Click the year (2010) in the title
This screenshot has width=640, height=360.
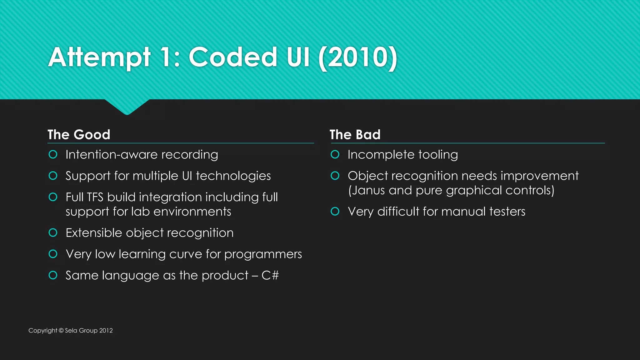pyautogui.click(x=358, y=57)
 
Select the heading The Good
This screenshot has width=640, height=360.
pyautogui.click(x=79, y=135)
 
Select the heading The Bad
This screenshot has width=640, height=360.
pyautogui.click(x=355, y=135)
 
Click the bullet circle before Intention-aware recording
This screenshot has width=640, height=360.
pyautogui.click(x=53, y=154)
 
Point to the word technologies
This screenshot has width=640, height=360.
pyautogui.click(x=233, y=176)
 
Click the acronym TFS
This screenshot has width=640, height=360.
pyautogui.click(x=95, y=197)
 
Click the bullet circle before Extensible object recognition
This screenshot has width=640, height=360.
pyautogui.click(x=53, y=233)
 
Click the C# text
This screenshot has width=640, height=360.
pyautogui.click(x=270, y=275)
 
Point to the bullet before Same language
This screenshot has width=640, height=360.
pyautogui.click(x=53, y=275)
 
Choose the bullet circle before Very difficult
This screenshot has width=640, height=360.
pyautogui.click(x=335, y=212)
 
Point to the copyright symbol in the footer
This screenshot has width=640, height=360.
pyautogui.click(x=61, y=331)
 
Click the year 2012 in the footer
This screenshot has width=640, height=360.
pyautogui.click(x=106, y=331)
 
